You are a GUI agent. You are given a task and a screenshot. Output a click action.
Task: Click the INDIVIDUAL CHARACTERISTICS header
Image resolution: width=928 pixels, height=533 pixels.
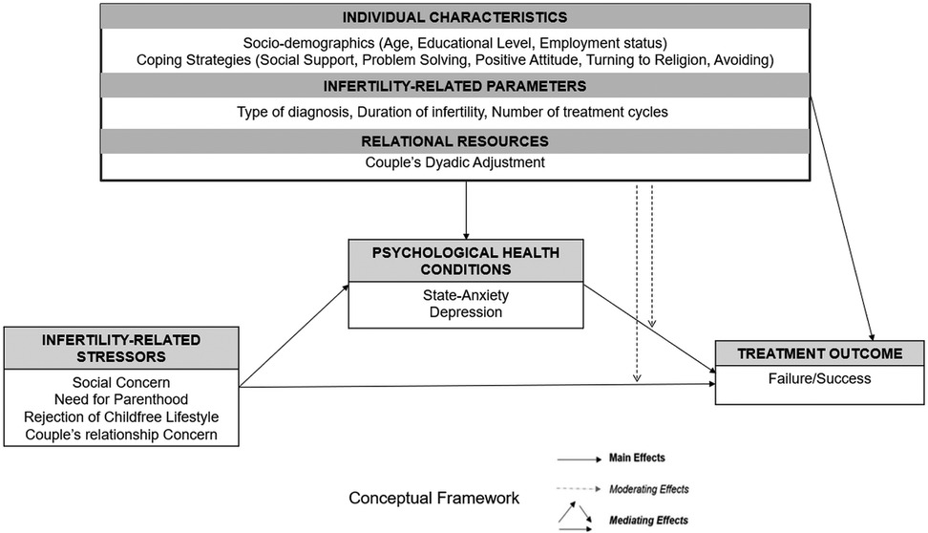(x=455, y=17)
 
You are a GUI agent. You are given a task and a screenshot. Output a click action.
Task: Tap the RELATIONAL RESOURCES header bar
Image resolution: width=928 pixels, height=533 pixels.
(x=455, y=139)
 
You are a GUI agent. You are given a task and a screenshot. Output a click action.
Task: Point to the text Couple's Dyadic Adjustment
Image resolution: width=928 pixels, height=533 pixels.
(x=455, y=162)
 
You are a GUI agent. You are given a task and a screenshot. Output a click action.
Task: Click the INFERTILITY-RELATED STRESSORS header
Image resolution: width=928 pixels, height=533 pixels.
(x=120, y=347)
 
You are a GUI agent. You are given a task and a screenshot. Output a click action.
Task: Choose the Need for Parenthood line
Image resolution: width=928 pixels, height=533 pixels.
(x=120, y=399)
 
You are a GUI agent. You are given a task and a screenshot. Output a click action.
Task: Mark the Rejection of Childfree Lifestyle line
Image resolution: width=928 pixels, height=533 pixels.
(x=120, y=417)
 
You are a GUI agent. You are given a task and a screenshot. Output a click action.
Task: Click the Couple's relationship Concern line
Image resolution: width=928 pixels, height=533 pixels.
(x=120, y=435)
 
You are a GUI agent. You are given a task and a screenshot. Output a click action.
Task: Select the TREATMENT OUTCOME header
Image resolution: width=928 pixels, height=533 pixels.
(x=819, y=353)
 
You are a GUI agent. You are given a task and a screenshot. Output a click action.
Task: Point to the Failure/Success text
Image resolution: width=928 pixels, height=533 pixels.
(x=819, y=377)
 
